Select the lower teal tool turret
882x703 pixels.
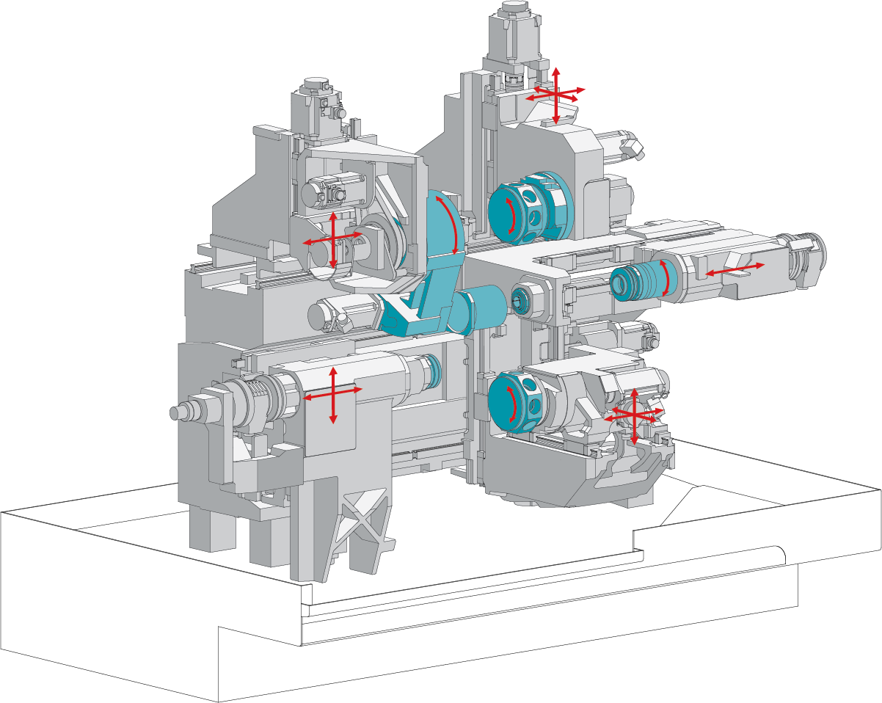click(x=522, y=402)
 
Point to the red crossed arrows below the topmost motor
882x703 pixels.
click(x=555, y=93)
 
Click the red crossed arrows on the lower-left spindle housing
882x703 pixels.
click(x=333, y=393)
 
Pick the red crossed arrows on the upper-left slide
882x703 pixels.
click(x=333, y=239)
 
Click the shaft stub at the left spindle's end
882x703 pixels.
click(x=178, y=412)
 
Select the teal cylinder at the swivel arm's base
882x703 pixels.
click(x=481, y=310)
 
